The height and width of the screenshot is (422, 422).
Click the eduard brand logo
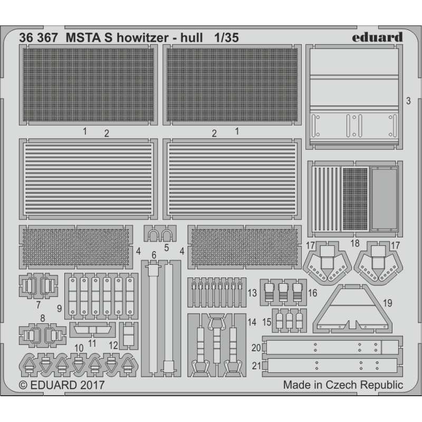[377, 37]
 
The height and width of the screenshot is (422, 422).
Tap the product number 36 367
[39, 37]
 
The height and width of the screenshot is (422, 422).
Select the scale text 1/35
[227, 37]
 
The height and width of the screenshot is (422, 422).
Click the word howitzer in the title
[142, 37]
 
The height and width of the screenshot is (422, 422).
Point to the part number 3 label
[408, 101]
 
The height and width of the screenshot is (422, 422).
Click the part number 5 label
[166, 247]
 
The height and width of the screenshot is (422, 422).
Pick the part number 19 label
[388, 303]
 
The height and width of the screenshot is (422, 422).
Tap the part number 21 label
[256, 366]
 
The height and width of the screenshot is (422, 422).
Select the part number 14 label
[252, 322]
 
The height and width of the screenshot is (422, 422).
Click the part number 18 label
[355, 243]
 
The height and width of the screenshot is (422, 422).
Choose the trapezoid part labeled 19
[352, 308]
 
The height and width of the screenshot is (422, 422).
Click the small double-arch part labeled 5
[160, 234]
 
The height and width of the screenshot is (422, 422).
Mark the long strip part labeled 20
[333, 347]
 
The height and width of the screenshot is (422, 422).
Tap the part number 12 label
[113, 346]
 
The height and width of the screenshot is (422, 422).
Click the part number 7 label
[39, 305]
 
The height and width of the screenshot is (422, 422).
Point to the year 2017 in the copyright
[92, 385]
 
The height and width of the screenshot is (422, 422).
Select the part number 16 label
[313, 293]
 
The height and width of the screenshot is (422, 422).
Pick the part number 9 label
[60, 309]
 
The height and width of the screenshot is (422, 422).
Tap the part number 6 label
[154, 255]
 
